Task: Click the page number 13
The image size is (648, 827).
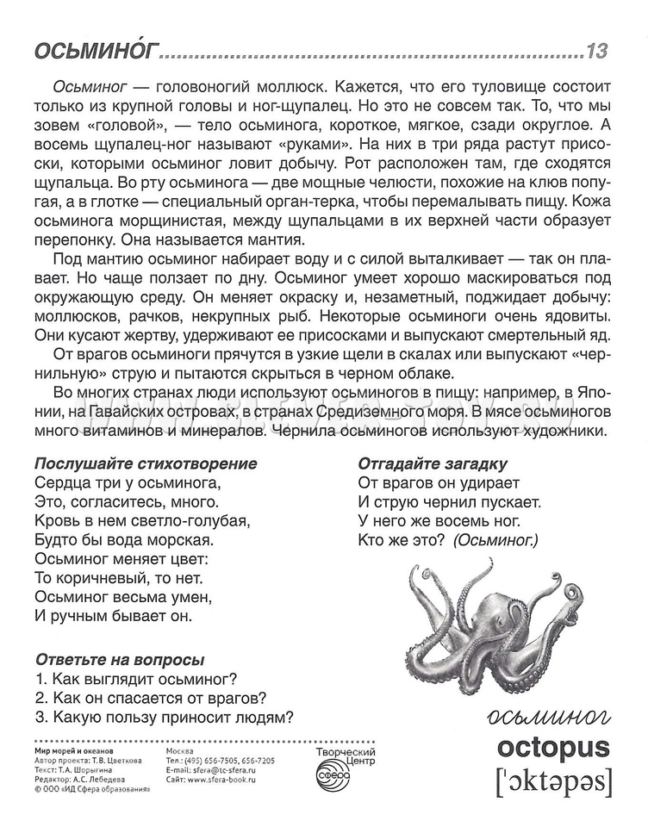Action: (x=596, y=51)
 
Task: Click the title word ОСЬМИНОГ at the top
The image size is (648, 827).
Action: (x=97, y=52)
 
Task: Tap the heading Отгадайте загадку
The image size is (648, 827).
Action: (x=433, y=463)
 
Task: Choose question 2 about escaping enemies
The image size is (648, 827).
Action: (x=150, y=697)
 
